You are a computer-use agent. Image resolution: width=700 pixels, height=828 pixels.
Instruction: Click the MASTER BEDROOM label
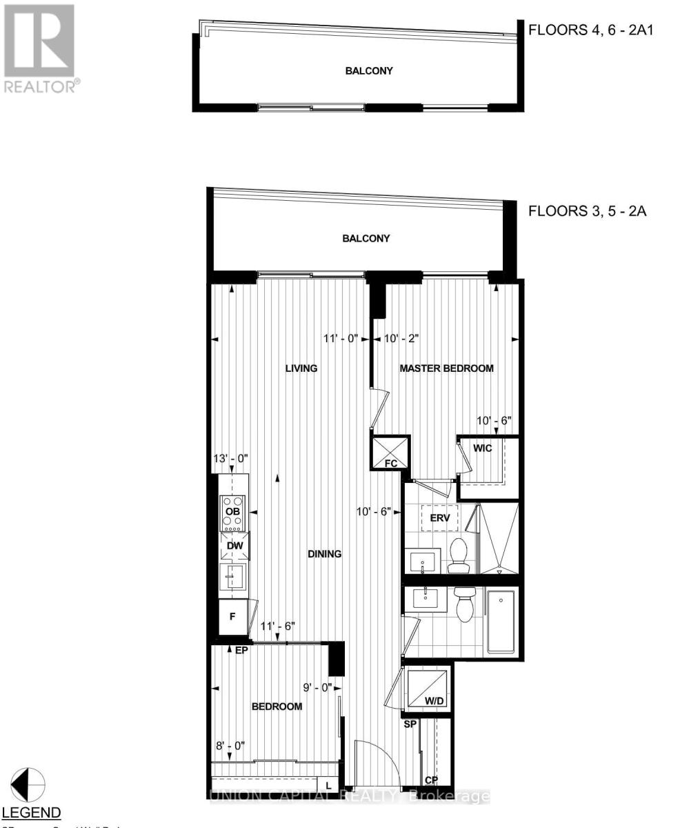pyautogui.click(x=447, y=368)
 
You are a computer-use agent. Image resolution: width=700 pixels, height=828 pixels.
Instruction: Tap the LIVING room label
pyautogui.click(x=301, y=368)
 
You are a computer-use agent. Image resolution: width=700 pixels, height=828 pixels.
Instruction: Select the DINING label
pyautogui.click(x=325, y=553)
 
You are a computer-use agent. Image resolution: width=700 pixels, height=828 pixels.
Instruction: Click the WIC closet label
pyautogui.click(x=483, y=448)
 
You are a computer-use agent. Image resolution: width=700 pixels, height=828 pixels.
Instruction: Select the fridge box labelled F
pyautogui.click(x=232, y=616)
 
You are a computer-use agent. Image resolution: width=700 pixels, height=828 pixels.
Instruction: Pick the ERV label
pyautogui.click(x=440, y=516)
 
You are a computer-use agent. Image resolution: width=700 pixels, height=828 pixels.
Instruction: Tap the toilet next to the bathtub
pyautogui.click(x=463, y=606)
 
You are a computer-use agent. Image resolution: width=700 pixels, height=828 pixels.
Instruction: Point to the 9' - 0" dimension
pyautogui.click(x=317, y=687)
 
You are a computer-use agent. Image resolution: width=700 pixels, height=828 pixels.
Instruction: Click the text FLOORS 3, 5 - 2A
pyautogui.click(x=586, y=211)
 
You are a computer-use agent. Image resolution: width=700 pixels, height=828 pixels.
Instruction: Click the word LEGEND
pyautogui.click(x=32, y=812)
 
